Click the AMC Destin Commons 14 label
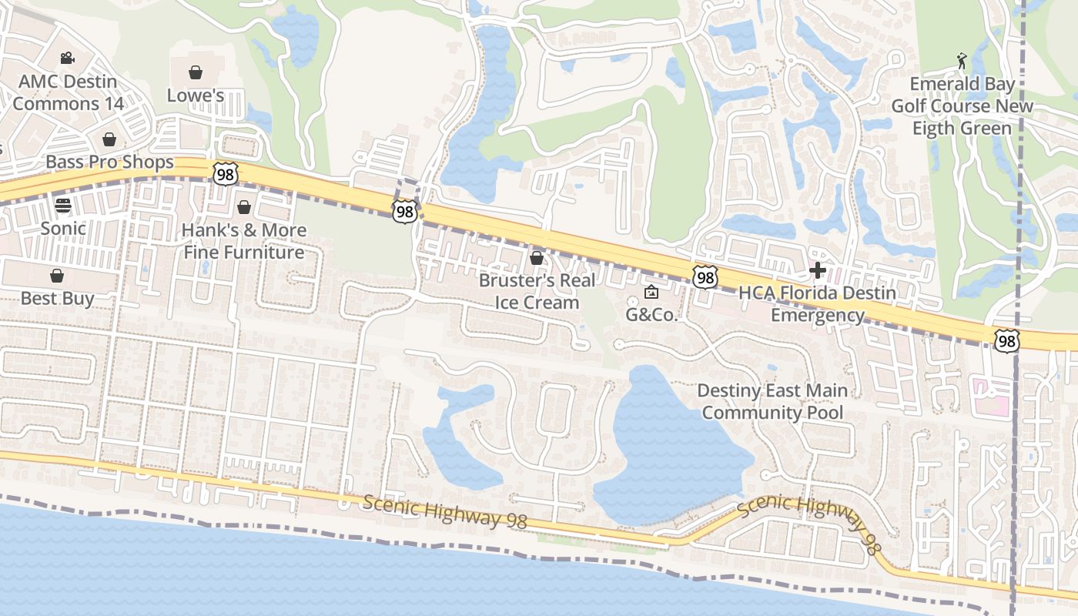click(68, 92)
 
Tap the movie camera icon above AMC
click(68, 58)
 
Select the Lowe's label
click(196, 95)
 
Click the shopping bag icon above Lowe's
click(196, 72)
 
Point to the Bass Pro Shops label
click(109, 162)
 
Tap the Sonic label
click(63, 228)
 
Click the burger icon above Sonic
click(63, 205)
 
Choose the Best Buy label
click(57, 298)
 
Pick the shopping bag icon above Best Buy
click(57, 276)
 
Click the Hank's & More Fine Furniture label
click(243, 241)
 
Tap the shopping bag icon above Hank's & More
click(244, 207)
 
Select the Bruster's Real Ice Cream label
click(537, 291)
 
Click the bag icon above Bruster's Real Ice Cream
click(537, 258)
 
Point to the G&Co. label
click(651, 314)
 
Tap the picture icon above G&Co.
click(651, 292)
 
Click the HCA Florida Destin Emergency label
click(817, 304)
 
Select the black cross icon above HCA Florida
click(818, 270)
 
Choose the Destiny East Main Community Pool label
click(772, 401)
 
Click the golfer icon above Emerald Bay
click(962, 61)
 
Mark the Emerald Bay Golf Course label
click(962, 105)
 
